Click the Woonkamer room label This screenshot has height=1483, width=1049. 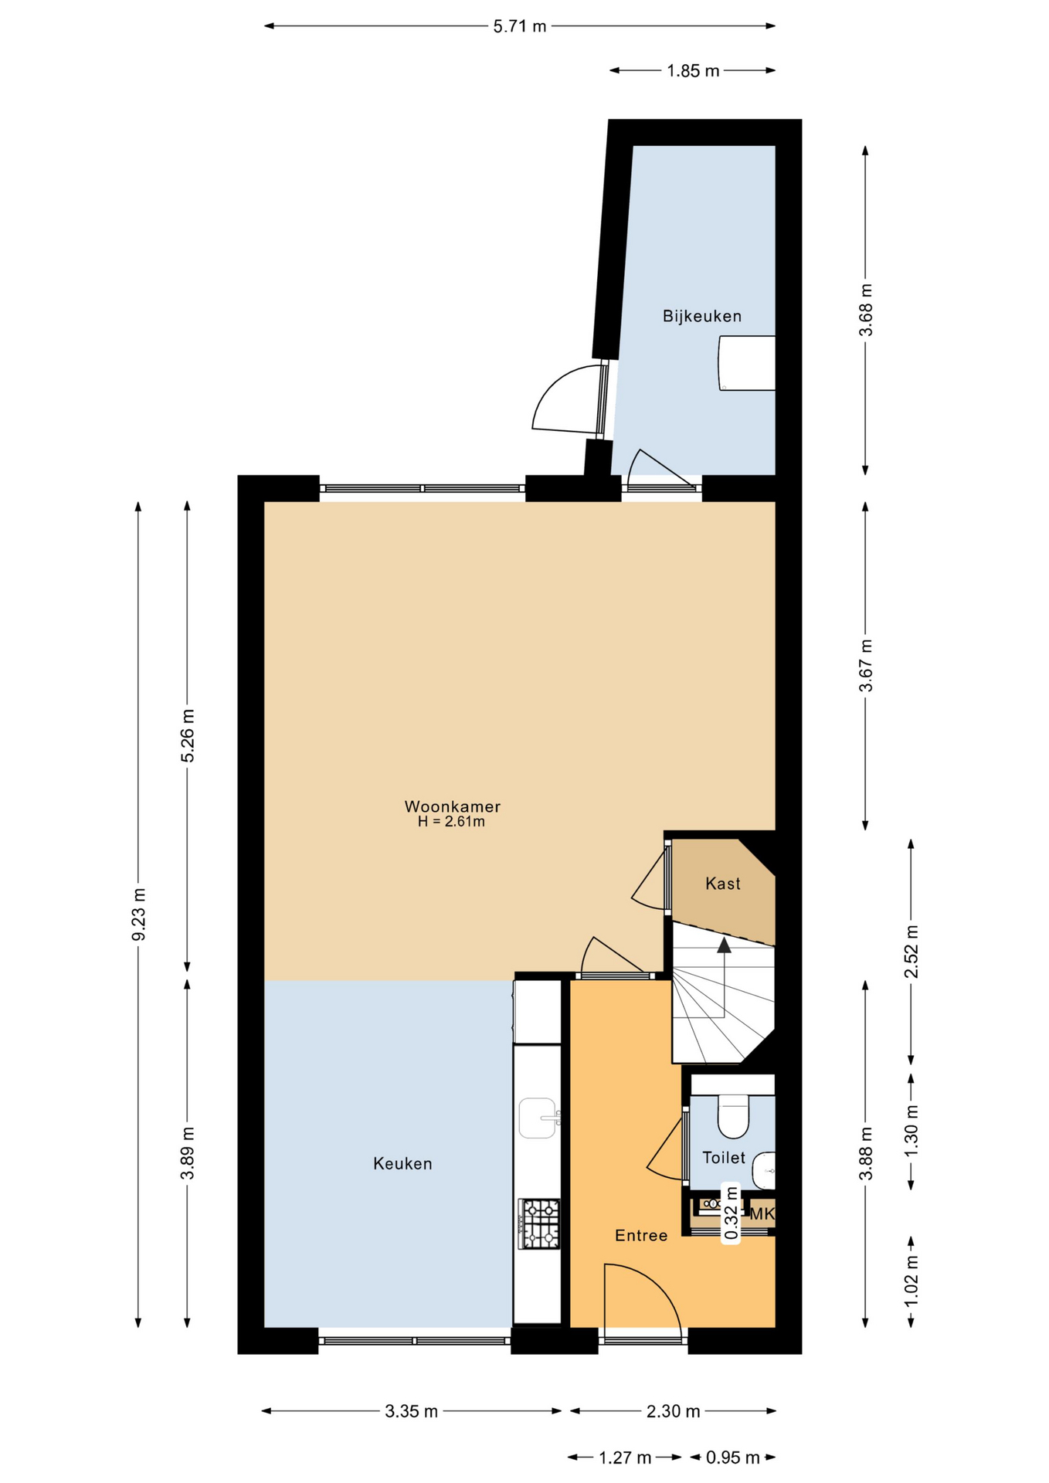click(452, 806)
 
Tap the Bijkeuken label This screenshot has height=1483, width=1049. click(701, 316)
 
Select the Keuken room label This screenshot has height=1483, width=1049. click(402, 1163)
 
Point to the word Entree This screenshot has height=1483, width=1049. click(641, 1236)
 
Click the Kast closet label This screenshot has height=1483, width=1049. click(723, 884)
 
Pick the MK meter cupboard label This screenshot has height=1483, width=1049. click(762, 1214)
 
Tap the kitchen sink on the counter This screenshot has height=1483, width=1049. click(538, 1118)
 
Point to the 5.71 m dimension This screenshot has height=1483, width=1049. click(520, 26)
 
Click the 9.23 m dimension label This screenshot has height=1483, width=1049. click(139, 915)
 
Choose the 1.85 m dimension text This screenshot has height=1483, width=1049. click(693, 71)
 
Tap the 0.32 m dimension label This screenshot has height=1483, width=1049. click(731, 1213)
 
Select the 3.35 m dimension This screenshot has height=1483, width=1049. click(412, 1411)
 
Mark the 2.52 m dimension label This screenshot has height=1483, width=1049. click(912, 951)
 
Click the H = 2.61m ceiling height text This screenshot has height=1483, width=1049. click(452, 822)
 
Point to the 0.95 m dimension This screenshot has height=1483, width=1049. click(732, 1458)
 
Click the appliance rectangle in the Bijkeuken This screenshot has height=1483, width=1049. click(747, 363)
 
